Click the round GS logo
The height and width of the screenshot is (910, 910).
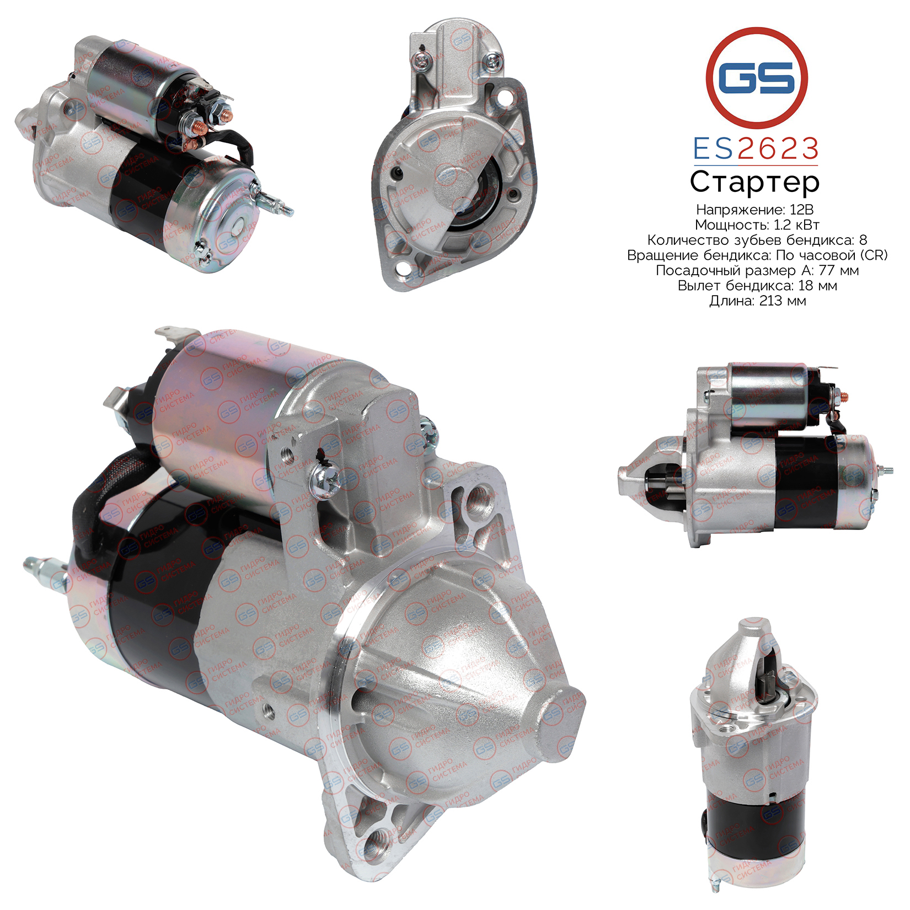tap(757, 78)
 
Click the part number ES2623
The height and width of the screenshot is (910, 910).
tap(756, 149)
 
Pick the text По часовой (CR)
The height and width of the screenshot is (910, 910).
tap(832, 255)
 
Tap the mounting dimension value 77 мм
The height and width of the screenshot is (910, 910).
tap(832, 270)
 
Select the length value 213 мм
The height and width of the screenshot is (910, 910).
tap(783, 301)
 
